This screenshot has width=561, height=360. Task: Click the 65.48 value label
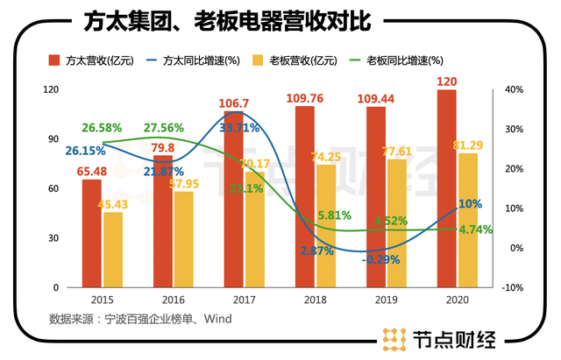[94, 170]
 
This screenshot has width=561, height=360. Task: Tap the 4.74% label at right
[474, 230]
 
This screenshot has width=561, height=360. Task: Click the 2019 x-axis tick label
[375, 299]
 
